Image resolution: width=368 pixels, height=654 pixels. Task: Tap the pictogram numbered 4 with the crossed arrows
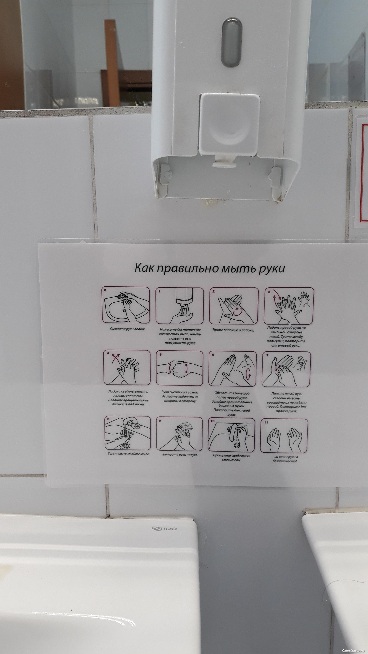pyautogui.click(x=127, y=367)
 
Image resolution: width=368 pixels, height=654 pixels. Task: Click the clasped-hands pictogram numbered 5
pyautogui.click(x=180, y=368)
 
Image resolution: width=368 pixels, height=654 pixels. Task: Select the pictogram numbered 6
pyautogui.click(x=232, y=369)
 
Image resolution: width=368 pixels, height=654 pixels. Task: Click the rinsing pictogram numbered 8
pyautogui.click(x=127, y=433)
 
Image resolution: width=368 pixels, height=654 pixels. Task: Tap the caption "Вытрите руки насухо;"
pyautogui.click(x=180, y=454)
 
